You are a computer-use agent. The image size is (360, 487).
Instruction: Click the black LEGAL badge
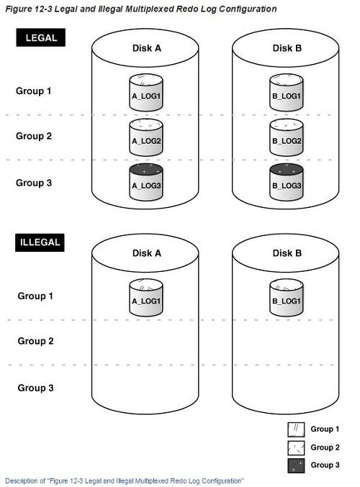pos(41,37)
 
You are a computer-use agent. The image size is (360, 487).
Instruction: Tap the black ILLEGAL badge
pos(40,242)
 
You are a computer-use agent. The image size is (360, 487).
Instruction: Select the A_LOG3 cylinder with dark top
pos(146,182)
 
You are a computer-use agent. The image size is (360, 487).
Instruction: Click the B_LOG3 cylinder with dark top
pos(287,182)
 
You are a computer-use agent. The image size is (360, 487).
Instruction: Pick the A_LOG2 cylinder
pos(146,137)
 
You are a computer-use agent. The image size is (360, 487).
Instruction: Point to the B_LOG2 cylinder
pos(287,137)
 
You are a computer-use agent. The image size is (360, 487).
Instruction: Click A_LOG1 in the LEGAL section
pos(146,92)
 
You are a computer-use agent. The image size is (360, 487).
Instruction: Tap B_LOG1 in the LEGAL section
pos(287,92)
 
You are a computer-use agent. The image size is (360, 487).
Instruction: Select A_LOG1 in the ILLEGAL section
pos(146,297)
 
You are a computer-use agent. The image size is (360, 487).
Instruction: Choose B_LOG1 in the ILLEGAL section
pos(287,297)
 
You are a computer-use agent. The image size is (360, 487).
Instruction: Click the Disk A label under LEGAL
pos(147,48)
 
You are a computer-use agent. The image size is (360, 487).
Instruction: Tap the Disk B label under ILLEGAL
pos(287,253)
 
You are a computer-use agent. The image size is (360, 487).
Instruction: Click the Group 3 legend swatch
pos(296,465)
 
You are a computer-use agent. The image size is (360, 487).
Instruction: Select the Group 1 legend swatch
pos(296,429)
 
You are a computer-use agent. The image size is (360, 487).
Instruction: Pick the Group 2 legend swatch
pos(296,447)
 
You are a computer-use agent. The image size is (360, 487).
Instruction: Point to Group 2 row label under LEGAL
pos(34,136)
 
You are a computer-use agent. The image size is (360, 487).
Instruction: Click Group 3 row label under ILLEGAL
pos(35,388)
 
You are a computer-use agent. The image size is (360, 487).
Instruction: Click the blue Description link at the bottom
pos(125,481)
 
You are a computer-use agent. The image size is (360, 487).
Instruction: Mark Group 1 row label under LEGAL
pos(33,91)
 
